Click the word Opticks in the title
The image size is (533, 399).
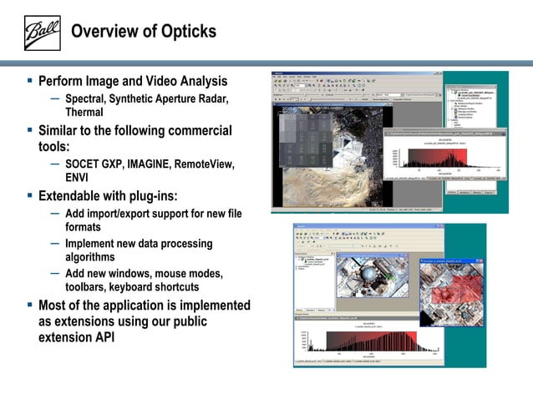pos(184,33)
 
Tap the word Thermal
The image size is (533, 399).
pos(84,113)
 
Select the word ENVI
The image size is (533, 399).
pos(77,177)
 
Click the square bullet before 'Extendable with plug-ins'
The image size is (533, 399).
pos(29,196)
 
